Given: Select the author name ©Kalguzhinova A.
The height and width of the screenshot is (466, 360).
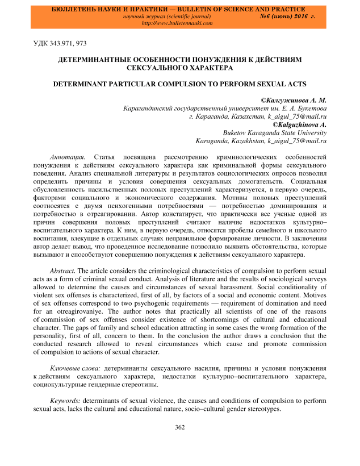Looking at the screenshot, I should tap(300, 124).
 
